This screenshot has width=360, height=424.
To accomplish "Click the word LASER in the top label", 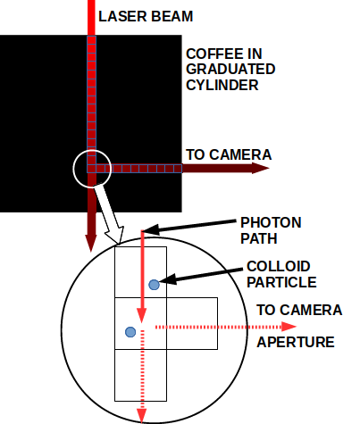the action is coord(122,16).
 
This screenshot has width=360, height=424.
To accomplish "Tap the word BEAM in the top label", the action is coord(172,16).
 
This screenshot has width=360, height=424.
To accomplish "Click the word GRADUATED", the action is coord(230,70).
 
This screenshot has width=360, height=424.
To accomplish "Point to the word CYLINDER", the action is coord(222,85).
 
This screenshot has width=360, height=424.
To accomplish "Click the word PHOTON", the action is coord(271,222).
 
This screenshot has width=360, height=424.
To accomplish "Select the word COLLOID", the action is coord(279,266).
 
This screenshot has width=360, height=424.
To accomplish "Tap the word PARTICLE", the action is coord(281,282).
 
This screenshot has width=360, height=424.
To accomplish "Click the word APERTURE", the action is coord(296,342).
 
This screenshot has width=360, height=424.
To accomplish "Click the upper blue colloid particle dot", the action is coord(154,285).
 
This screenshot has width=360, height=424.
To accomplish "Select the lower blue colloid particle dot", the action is coord(130,332).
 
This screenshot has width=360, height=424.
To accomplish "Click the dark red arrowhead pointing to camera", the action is coord(261,168).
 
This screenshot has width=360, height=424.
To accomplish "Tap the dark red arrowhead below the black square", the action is coord(91,243).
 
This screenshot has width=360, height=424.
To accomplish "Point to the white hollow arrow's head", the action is coord(115,235).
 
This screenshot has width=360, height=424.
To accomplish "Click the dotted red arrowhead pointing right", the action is coord(289,327).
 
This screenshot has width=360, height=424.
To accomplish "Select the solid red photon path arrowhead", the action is coord(141,315).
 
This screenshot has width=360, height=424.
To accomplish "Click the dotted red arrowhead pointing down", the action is coord(141,416).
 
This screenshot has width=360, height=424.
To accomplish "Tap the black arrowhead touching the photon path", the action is coord(151,229).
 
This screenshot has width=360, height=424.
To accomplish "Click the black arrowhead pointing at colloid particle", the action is coord(167,279).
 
